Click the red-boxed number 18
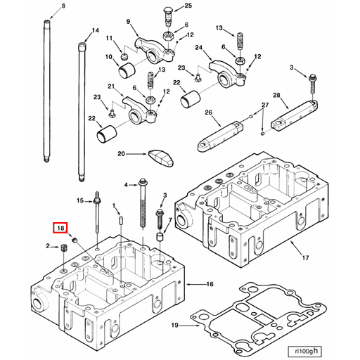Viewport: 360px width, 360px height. coord(60,228)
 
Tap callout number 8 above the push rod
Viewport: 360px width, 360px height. coord(63,6)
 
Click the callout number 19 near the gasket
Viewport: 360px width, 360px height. coord(175,325)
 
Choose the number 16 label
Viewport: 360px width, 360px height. coord(210,284)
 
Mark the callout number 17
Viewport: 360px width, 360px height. coord(306,257)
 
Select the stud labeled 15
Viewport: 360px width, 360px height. coord(96,214)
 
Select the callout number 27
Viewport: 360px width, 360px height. coord(265,105)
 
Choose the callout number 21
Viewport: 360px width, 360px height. coord(110,86)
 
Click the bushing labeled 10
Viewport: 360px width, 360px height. coord(127,69)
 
